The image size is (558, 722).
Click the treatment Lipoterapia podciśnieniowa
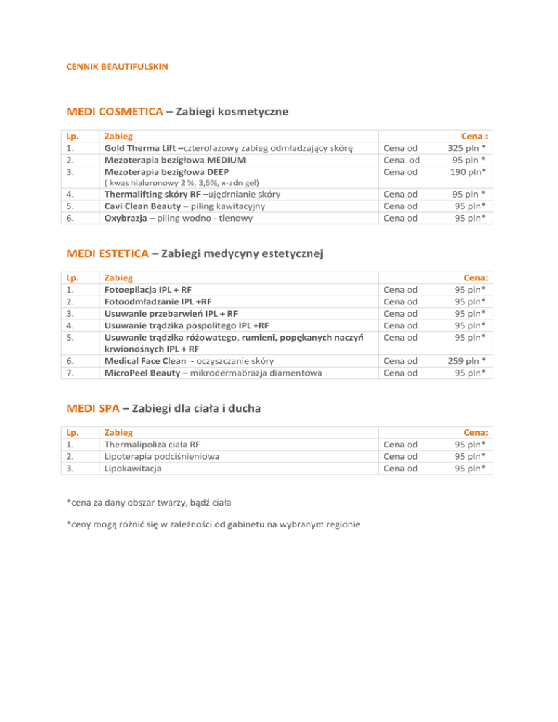[162, 456]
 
